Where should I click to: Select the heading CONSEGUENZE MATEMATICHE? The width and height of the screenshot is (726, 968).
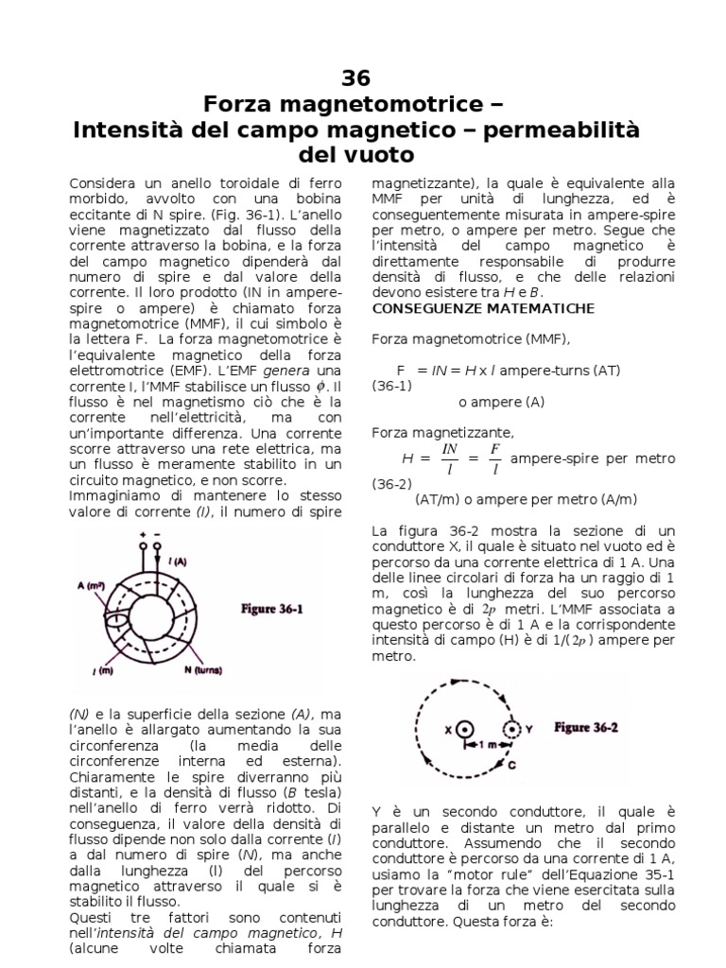483,308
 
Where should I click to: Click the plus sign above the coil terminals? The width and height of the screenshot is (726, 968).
143,535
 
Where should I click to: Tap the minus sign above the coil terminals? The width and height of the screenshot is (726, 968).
157,535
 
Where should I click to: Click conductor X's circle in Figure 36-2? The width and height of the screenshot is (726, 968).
464,730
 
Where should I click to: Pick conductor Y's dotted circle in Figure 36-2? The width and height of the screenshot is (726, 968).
511,730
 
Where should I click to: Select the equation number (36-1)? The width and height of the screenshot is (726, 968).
391,386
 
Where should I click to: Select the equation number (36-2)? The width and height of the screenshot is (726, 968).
391,483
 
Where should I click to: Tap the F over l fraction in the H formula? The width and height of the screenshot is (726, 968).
494,458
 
